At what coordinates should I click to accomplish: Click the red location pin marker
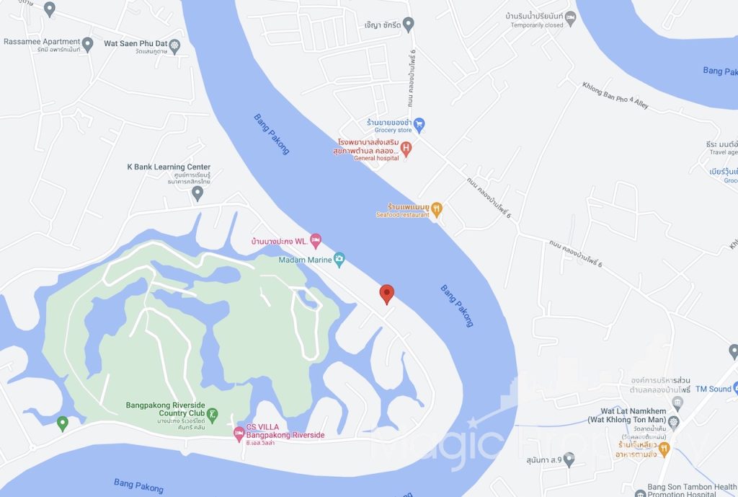pyautogui.click(x=387, y=293)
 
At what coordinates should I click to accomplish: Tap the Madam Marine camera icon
pyautogui.click(x=339, y=260)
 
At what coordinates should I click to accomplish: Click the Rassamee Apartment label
pyautogui.click(x=41, y=42)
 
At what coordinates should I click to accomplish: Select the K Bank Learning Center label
pyautogui.click(x=169, y=167)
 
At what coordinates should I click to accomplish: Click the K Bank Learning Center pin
pyautogui.click(x=197, y=193)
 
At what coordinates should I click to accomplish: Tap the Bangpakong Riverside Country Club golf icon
pyautogui.click(x=213, y=415)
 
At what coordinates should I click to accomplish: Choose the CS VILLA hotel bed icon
pyautogui.click(x=239, y=433)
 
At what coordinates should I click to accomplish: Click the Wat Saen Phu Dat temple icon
pyautogui.click(x=174, y=46)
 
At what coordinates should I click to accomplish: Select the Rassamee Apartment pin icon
pyautogui.click(x=88, y=45)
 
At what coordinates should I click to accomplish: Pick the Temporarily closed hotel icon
pyautogui.click(x=570, y=17)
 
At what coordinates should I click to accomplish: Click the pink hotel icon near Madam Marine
pyautogui.click(x=315, y=239)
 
